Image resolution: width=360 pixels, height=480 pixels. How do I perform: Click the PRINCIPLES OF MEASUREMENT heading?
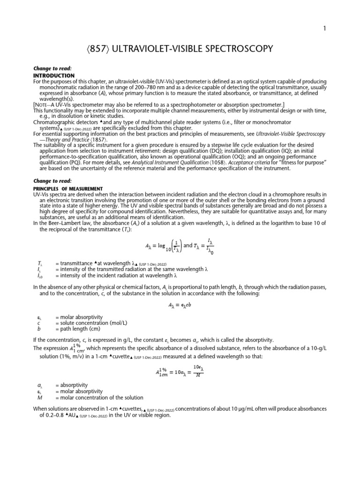click(x=67, y=188)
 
